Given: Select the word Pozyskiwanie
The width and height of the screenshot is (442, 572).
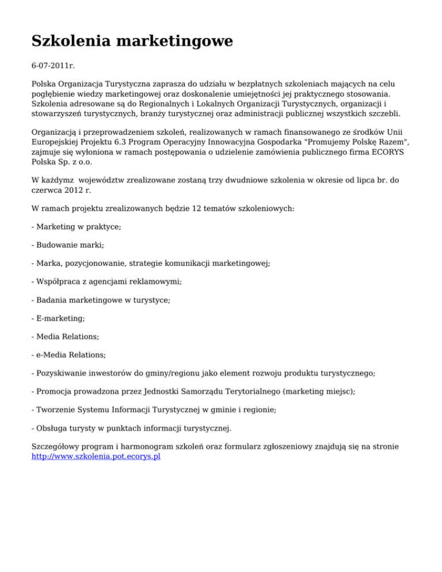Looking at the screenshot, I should pyautogui.click(x=63, y=373).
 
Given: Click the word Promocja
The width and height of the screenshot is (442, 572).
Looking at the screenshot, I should pyautogui.click(x=56, y=391).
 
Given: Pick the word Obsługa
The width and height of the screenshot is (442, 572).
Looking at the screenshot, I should pyautogui.click(x=53, y=428).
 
